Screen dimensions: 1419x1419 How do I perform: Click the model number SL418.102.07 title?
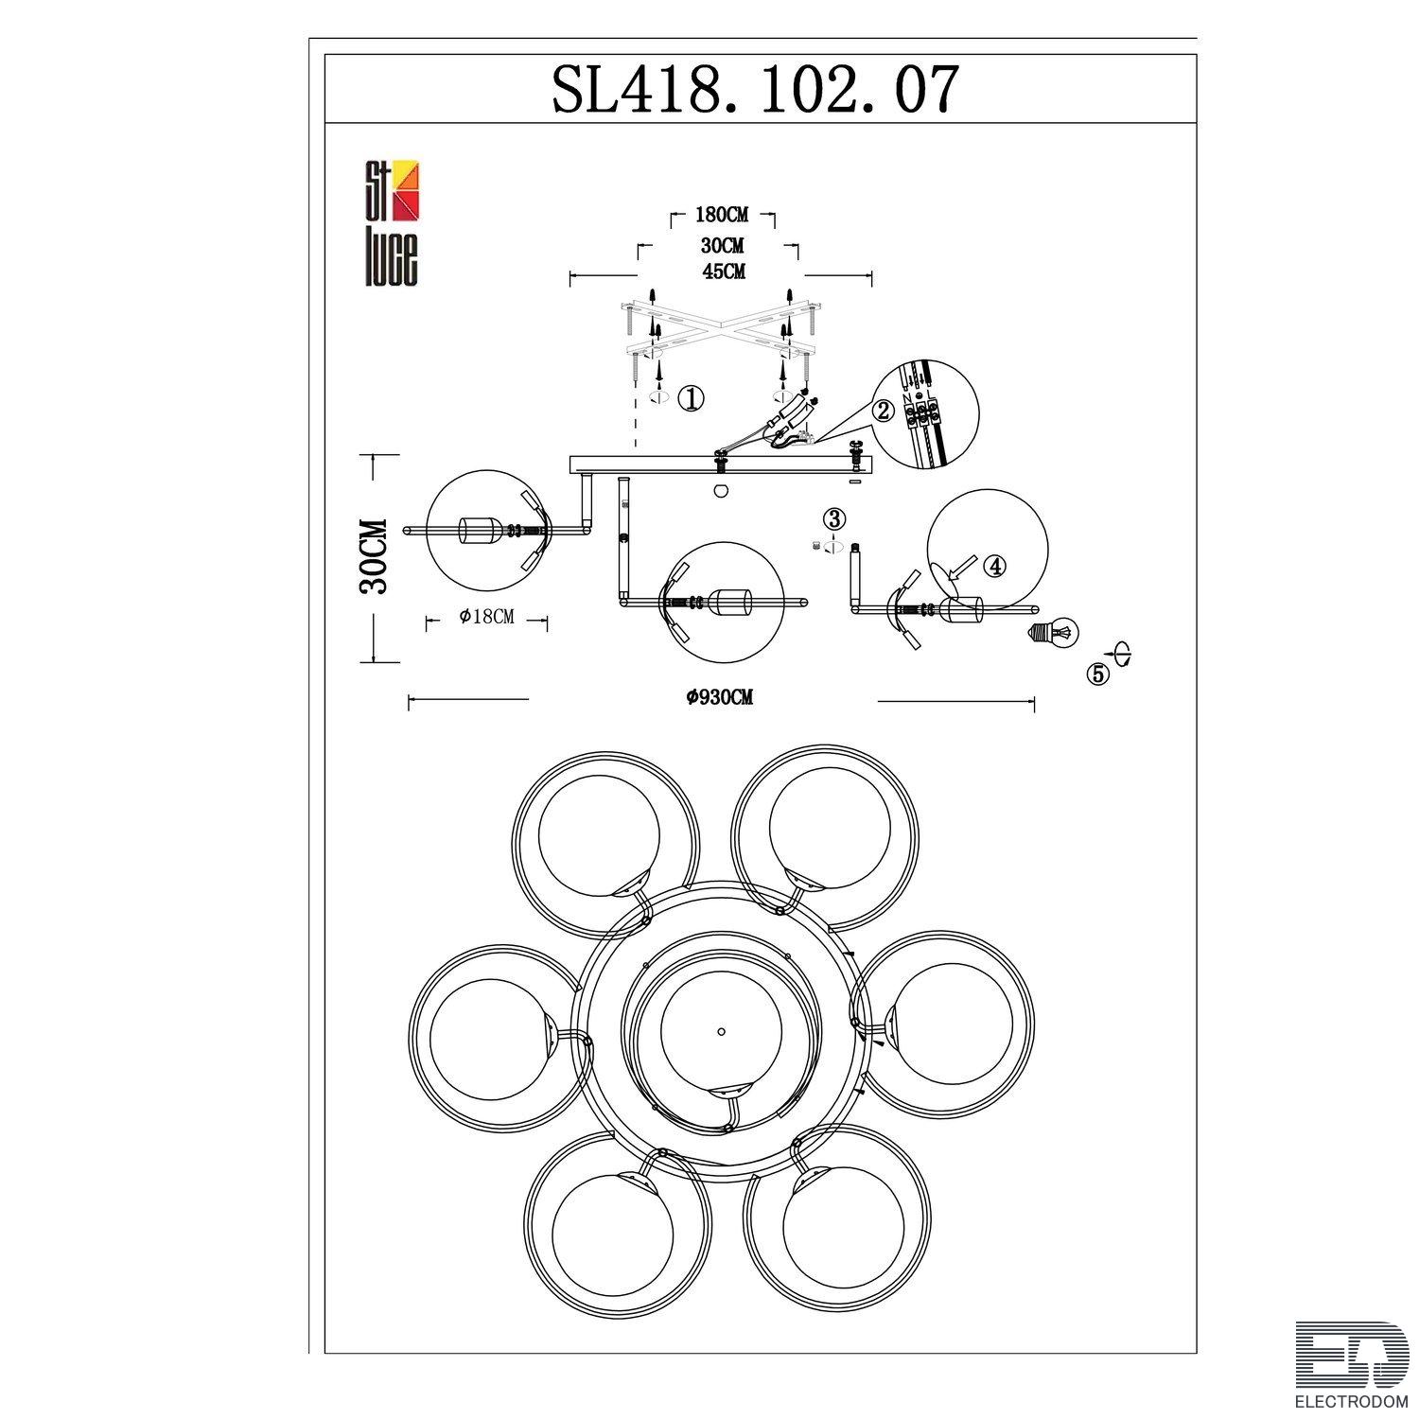tap(755, 90)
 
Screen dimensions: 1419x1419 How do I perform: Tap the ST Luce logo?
tap(392, 224)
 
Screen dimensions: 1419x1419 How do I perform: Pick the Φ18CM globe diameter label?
tap(486, 617)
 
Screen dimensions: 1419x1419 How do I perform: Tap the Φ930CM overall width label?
tap(721, 698)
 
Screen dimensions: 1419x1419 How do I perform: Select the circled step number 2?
tap(883, 410)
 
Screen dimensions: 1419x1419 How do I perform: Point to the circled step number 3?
tap(833, 518)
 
